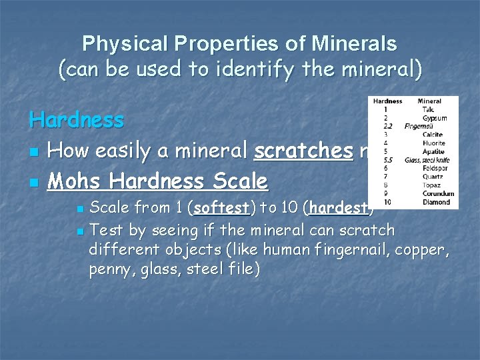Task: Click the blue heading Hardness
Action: [77, 120]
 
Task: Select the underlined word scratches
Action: [303, 151]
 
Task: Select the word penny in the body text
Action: [109, 269]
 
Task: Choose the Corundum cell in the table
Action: [438, 193]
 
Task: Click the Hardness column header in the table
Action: [387, 101]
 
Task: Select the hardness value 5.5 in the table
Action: [387, 160]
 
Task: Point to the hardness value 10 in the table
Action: [387, 202]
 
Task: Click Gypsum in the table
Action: [435, 118]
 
